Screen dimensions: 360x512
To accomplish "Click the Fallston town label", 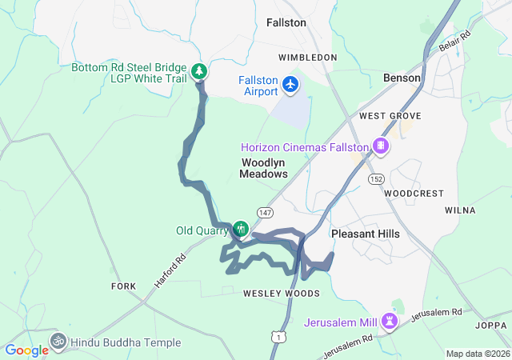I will coord(286,22).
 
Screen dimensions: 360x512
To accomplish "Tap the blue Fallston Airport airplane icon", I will coord(290,83).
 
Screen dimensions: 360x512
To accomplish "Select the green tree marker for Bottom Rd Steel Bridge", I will coord(199,72).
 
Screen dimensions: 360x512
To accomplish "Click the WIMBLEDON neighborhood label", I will coord(307,58).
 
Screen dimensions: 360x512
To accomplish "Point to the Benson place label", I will coord(402,78).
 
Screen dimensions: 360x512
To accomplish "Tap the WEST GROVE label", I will coord(384,116).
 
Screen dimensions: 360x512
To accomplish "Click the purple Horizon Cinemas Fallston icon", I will coord(381,146).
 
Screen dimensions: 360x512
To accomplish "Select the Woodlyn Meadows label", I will coord(264,168).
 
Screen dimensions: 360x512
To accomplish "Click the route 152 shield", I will coord(375,178).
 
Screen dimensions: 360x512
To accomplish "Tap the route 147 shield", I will coord(266,212).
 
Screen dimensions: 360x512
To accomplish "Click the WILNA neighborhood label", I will coord(460,210).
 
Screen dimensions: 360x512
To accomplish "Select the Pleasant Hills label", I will coord(365,234).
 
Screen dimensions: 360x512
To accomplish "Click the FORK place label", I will coord(124,286).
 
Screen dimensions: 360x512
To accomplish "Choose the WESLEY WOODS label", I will coord(281,294).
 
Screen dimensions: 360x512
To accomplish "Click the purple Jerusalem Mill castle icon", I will coord(390,322).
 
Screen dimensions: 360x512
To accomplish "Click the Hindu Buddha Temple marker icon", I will coord(58,342).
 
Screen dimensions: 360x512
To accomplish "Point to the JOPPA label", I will coord(490,326).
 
